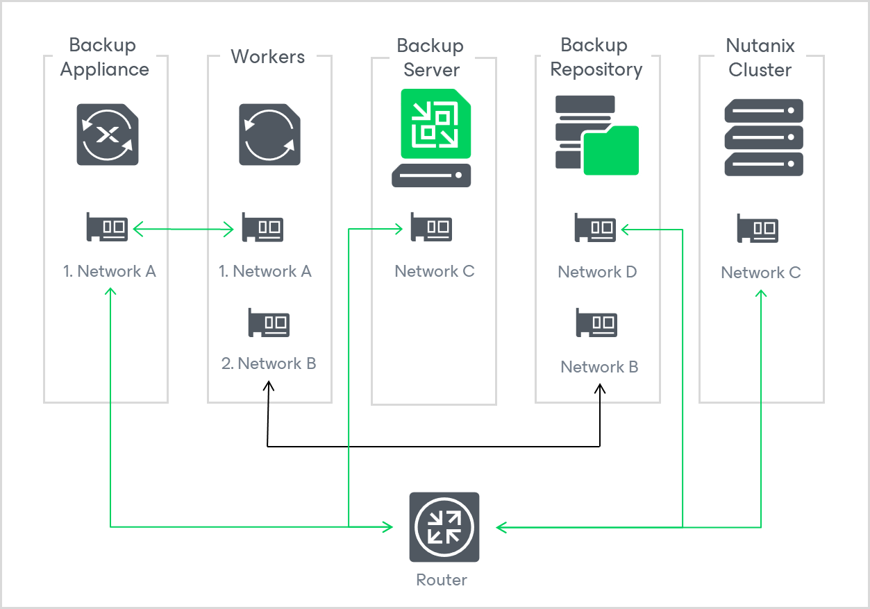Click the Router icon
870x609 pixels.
(444, 527)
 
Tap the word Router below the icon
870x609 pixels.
(442, 580)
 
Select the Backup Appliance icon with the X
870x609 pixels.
(108, 135)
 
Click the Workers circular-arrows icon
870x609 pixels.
(270, 135)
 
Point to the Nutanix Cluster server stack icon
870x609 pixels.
(763, 137)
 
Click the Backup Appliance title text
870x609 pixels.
(104, 58)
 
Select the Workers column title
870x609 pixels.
(268, 57)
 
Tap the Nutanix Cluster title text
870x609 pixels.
(760, 58)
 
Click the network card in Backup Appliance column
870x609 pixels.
(108, 227)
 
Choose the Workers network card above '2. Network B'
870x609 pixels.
(269, 323)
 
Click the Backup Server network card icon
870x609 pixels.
(432, 227)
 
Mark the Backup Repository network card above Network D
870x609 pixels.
(596, 227)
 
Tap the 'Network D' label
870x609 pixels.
(597, 272)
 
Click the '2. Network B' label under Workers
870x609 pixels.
(269, 363)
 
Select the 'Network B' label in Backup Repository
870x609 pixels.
(599, 367)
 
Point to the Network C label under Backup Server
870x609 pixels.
(435, 271)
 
